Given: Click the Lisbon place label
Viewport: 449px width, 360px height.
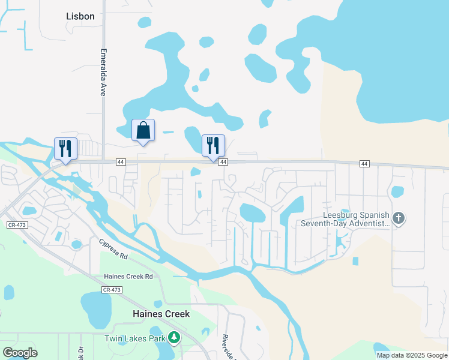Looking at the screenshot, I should (x=80, y=16).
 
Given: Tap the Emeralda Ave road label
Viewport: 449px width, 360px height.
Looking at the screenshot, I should (x=103, y=73).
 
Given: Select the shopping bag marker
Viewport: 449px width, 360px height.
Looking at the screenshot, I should (x=143, y=130).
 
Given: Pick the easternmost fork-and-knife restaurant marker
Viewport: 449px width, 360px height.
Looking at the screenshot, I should (x=212, y=145).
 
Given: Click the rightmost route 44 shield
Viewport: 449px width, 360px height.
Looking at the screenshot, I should (x=364, y=164).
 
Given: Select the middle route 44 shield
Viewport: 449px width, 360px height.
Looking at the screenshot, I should (x=223, y=163).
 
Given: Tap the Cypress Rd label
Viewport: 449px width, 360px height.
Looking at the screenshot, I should (x=113, y=248).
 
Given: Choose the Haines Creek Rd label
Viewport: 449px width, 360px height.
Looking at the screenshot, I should (x=128, y=277).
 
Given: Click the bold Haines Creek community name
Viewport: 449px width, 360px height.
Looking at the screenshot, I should (x=161, y=314).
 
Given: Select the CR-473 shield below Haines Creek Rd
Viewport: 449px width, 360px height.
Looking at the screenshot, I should (x=112, y=290).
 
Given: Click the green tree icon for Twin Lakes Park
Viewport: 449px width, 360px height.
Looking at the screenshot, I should (x=174, y=338).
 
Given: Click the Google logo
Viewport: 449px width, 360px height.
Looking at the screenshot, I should (x=20, y=353).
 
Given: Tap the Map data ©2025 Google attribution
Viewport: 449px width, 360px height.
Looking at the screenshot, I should (x=412, y=355).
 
